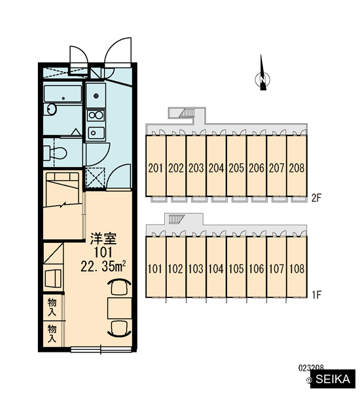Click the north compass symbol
(x=262, y=75)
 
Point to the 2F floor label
(x=316, y=198)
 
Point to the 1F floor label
(x=316, y=295)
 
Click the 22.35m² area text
(x=103, y=267)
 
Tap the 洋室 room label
(x=103, y=238)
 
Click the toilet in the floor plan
(x=54, y=153)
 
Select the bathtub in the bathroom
(x=63, y=94)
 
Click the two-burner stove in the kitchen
(x=96, y=115)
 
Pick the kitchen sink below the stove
(x=96, y=133)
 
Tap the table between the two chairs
(x=120, y=309)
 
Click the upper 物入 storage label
(x=52, y=307)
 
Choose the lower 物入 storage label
(x=52, y=333)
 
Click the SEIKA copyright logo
(x=333, y=379)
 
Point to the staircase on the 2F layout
(x=187, y=113)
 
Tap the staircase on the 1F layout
(x=177, y=219)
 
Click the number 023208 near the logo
(x=311, y=367)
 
